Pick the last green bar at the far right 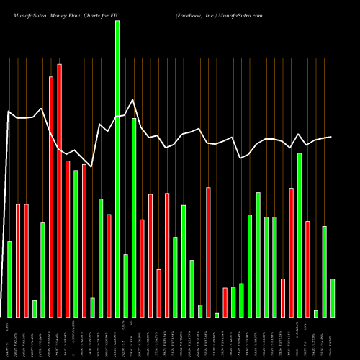pyautogui.click(x=333, y=298)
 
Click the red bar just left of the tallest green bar pyautogui.click(x=109, y=266)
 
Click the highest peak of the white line pyautogui.click(x=133, y=100)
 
